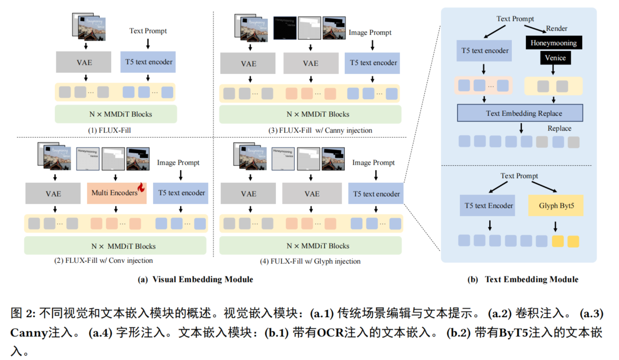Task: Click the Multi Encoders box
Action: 115,193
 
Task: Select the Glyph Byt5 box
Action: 556,205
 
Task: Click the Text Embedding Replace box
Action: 520,113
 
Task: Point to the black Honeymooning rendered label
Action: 553,43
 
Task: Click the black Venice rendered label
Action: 555,58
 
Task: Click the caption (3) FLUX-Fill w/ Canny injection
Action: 320,130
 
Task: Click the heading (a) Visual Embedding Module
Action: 195,279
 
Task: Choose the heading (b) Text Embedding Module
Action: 531,279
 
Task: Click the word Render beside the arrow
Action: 556,29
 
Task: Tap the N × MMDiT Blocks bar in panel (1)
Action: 116,114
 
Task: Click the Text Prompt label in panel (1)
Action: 148,31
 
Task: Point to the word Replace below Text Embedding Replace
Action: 559,128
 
